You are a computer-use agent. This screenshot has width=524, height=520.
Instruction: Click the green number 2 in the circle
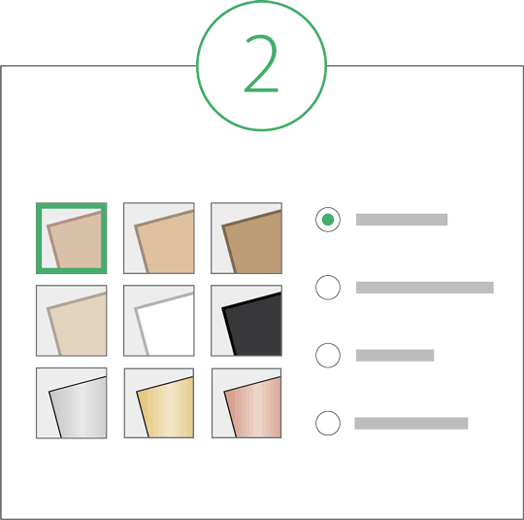(x=261, y=63)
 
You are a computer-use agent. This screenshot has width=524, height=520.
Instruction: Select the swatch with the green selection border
(x=72, y=238)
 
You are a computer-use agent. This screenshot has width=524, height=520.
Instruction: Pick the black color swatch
(x=246, y=321)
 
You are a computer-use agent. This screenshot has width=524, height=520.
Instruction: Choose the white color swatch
(x=159, y=321)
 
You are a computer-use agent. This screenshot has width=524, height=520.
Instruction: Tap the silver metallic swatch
(x=72, y=402)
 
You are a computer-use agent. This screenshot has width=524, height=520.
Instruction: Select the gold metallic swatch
(x=159, y=402)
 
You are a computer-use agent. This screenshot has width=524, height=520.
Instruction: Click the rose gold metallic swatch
(x=246, y=402)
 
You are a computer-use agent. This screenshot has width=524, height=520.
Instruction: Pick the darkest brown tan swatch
(x=246, y=238)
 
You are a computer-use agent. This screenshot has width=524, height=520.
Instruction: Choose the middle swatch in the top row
(x=159, y=238)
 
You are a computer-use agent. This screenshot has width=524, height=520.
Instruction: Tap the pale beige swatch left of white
(x=72, y=321)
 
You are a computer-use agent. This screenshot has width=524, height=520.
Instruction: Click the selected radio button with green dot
(x=328, y=220)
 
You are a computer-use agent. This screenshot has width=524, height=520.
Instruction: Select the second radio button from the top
(x=328, y=288)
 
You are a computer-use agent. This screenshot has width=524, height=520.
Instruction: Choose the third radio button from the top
(x=328, y=356)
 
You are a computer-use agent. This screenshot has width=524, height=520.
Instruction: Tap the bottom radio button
(x=328, y=423)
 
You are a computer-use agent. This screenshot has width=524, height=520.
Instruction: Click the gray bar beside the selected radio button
(x=402, y=220)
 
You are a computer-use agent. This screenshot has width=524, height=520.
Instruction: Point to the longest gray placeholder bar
(x=425, y=288)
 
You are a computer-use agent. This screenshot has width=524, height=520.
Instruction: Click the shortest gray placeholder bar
(x=395, y=356)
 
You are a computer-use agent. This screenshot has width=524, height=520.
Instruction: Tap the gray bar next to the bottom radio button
(x=411, y=423)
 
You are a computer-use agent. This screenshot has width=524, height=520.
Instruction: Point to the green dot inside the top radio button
(x=328, y=220)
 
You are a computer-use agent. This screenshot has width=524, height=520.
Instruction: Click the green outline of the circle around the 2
(x=196, y=65)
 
